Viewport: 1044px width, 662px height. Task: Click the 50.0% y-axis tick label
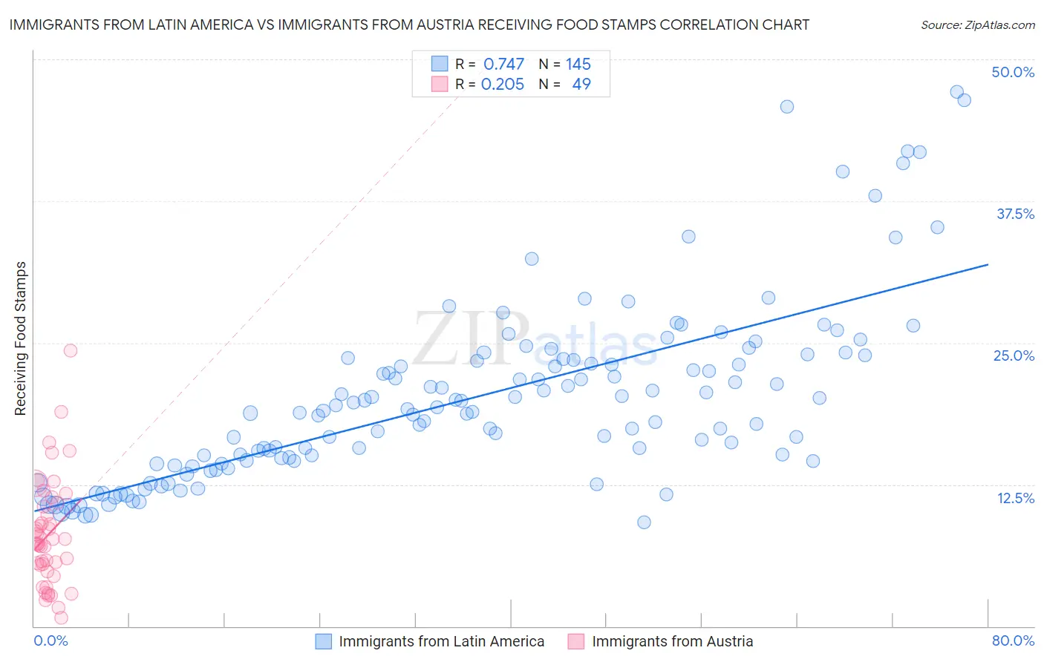click(x=1013, y=72)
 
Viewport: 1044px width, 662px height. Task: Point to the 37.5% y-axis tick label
click(x=1015, y=214)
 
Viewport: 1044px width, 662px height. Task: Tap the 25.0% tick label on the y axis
click(x=1014, y=355)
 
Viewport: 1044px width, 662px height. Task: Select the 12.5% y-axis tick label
click(x=1015, y=498)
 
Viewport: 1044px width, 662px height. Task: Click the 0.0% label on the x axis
click(x=50, y=640)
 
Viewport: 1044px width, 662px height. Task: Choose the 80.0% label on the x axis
click(x=1013, y=640)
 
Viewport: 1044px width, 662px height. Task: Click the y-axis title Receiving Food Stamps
click(x=21, y=338)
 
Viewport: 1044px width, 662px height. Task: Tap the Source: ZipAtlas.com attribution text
click(x=977, y=24)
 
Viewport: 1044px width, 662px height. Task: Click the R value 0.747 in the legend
click(x=503, y=64)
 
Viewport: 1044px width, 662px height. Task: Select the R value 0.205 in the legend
click(x=503, y=85)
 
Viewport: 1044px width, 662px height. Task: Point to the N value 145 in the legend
click(x=578, y=64)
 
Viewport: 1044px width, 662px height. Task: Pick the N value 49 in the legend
click(x=581, y=85)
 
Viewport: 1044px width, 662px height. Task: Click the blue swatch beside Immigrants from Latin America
click(x=323, y=641)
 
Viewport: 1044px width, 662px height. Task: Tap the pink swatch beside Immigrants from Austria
click(x=576, y=641)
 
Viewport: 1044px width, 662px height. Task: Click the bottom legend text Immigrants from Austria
click(x=672, y=641)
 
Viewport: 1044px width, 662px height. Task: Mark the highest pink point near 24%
click(x=71, y=350)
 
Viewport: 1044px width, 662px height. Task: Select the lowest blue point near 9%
click(x=644, y=522)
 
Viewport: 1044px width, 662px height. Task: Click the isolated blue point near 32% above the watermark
click(x=532, y=259)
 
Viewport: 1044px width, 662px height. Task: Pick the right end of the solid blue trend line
click(x=988, y=264)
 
